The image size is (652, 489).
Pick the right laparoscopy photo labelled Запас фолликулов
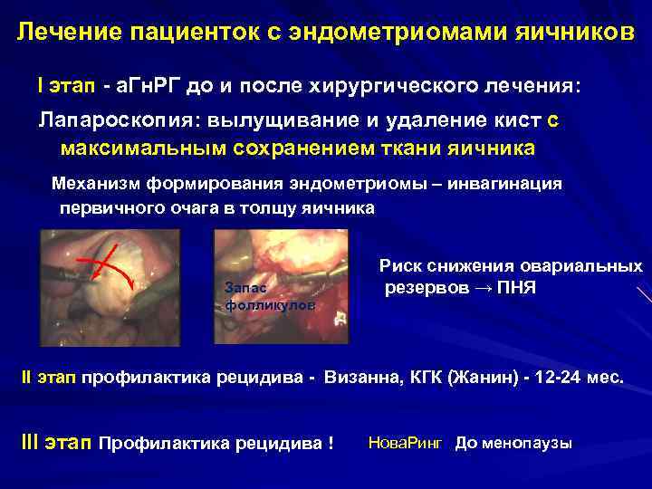pos(281,285)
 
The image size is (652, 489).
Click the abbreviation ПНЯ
pos(522,289)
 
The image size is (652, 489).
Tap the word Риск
pos(399,266)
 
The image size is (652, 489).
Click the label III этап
pos(55,444)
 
